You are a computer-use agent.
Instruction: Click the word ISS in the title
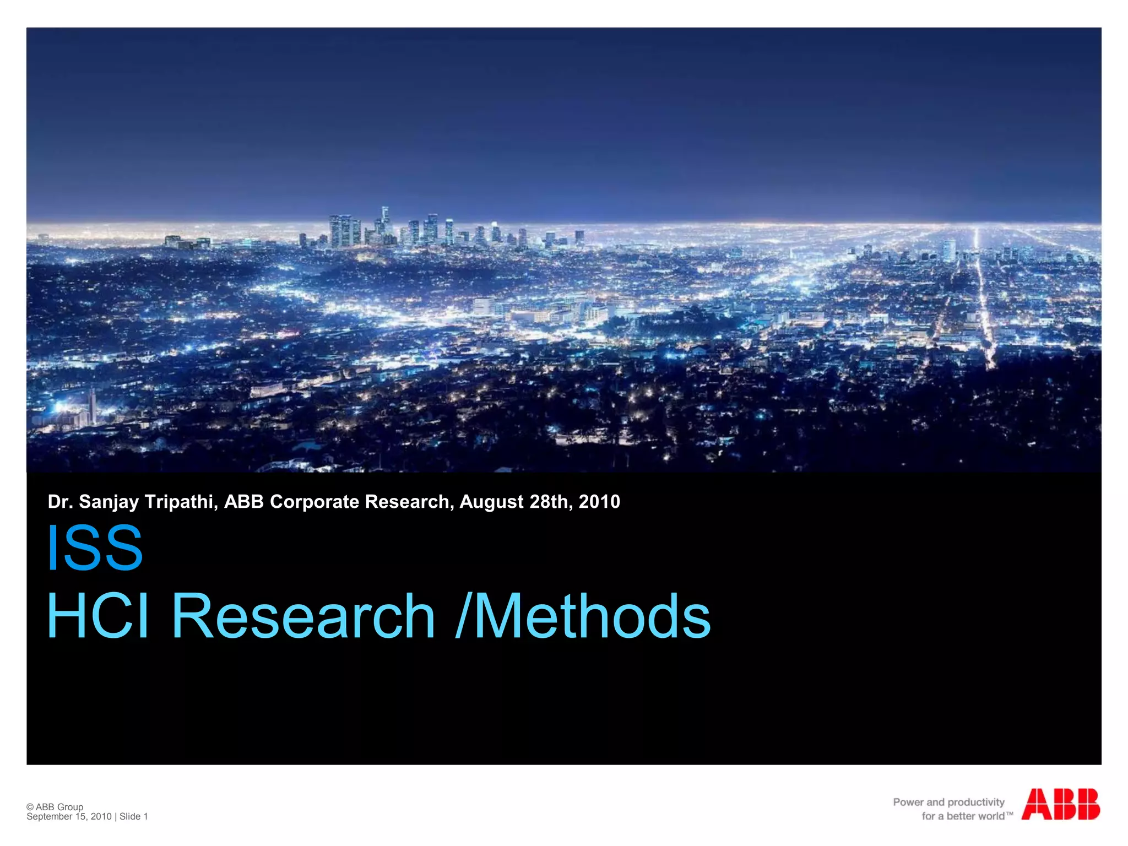point(95,547)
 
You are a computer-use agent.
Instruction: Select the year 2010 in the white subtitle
point(599,502)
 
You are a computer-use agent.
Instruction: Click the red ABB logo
point(1060,804)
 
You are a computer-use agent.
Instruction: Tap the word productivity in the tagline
point(976,802)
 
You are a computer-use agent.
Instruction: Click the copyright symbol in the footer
point(30,807)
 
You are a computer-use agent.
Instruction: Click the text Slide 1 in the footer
point(134,816)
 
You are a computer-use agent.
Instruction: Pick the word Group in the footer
point(70,807)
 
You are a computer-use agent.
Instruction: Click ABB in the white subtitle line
point(243,502)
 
